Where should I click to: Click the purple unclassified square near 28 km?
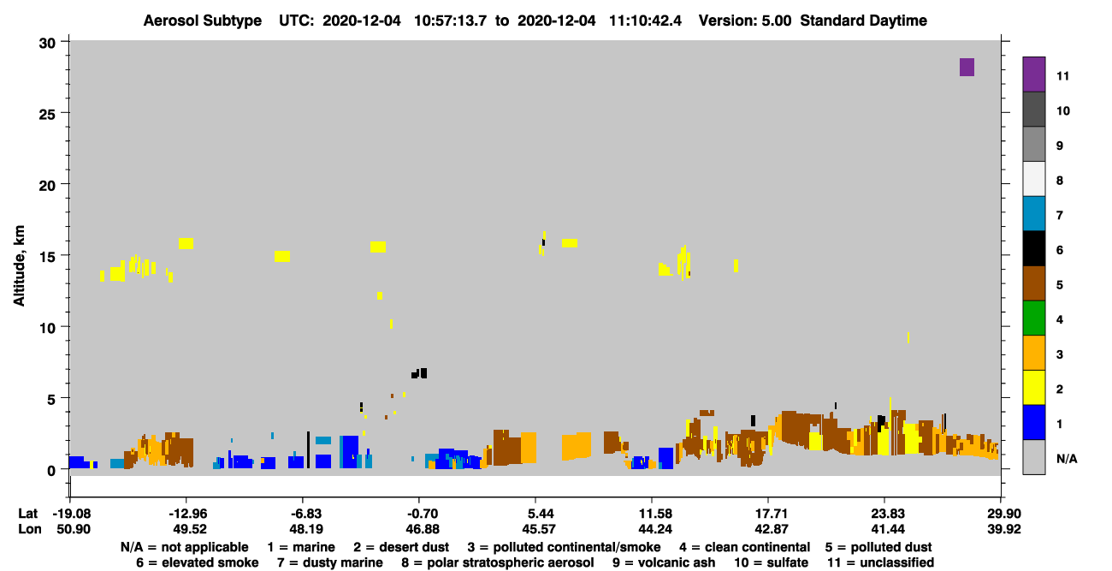point(967,67)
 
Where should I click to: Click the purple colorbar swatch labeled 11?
point(1033,74)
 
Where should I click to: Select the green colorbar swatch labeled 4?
point(1033,318)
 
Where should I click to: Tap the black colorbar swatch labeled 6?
point(1033,248)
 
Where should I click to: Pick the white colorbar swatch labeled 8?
point(1033,179)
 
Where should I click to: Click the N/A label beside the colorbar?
point(1067,459)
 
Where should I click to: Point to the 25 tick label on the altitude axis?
point(47,115)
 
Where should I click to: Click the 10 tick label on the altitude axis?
point(47,328)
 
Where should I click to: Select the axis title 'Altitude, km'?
point(19,266)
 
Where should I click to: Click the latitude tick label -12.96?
point(187,514)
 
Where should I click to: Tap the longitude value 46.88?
point(422,529)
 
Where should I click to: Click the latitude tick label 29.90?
point(1003,514)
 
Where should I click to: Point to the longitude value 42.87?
point(772,529)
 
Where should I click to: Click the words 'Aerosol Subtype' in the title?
point(203,21)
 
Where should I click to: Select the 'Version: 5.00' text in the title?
point(745,21)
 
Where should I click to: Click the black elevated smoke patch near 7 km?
point(419,373)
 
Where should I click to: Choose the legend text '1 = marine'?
point(301,547)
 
